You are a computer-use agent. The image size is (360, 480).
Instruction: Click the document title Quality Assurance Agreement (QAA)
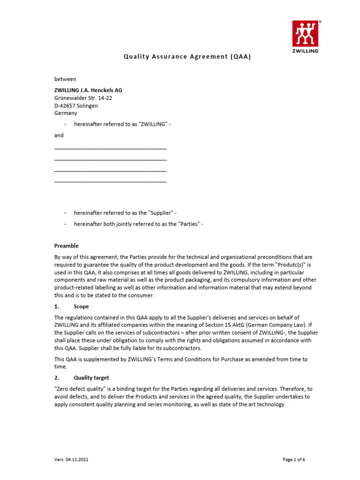click(187, 57)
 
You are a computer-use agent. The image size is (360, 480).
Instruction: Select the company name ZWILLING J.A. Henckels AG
click(89, 90)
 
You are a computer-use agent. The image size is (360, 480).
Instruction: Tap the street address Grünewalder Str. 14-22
click(83, 98)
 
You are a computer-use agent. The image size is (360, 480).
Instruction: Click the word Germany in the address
click(66, 113)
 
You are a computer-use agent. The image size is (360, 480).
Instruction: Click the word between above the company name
click(65, 79)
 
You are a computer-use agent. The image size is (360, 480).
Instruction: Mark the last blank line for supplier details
click(111, 180)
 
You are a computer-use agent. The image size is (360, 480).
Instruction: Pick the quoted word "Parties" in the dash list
click(188, 224)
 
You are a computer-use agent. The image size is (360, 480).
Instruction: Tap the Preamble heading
click(67, 246)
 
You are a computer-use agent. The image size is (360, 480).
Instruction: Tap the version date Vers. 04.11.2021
click(71, 460)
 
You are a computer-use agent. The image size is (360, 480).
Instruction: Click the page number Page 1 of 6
click(294, 460)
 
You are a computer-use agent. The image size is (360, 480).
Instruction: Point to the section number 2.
click(57, 378)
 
